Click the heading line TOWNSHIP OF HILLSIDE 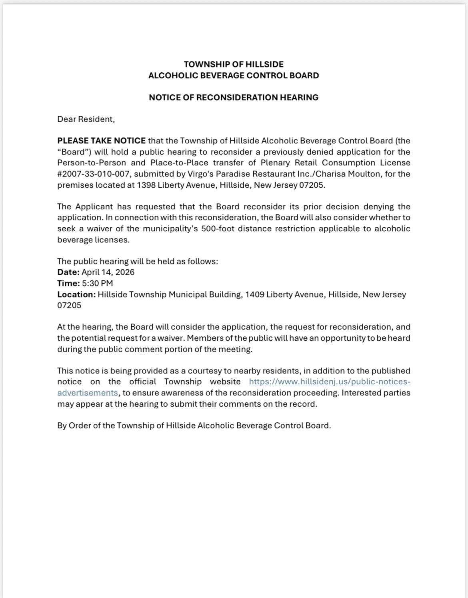(x=234, y=64)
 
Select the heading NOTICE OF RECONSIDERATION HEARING (x=234, y=97)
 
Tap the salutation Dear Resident (x=86, y=119)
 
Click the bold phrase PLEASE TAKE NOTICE (x=102, y=141)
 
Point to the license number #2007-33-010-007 (x=94, y=174)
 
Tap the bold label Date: (x=68, y=272)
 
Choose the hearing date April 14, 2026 (x=108, y=272)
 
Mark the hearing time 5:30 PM (x=98, y=283)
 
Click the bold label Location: (x=76, y=294)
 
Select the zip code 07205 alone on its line (x=69, y=305)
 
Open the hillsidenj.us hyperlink (x=330, y=381)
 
